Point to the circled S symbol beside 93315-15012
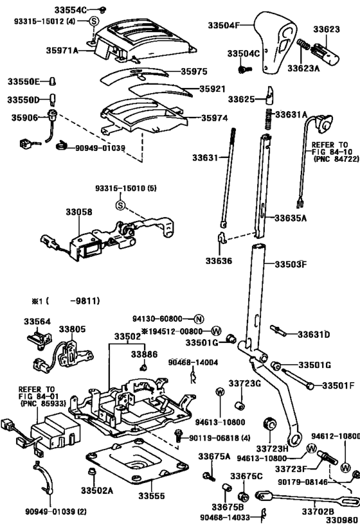point(93,22)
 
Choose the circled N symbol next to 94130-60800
point(199,319)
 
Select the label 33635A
point(291,218)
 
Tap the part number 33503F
point(291,264)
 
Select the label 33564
point(37,322)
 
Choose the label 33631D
point(313,335)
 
